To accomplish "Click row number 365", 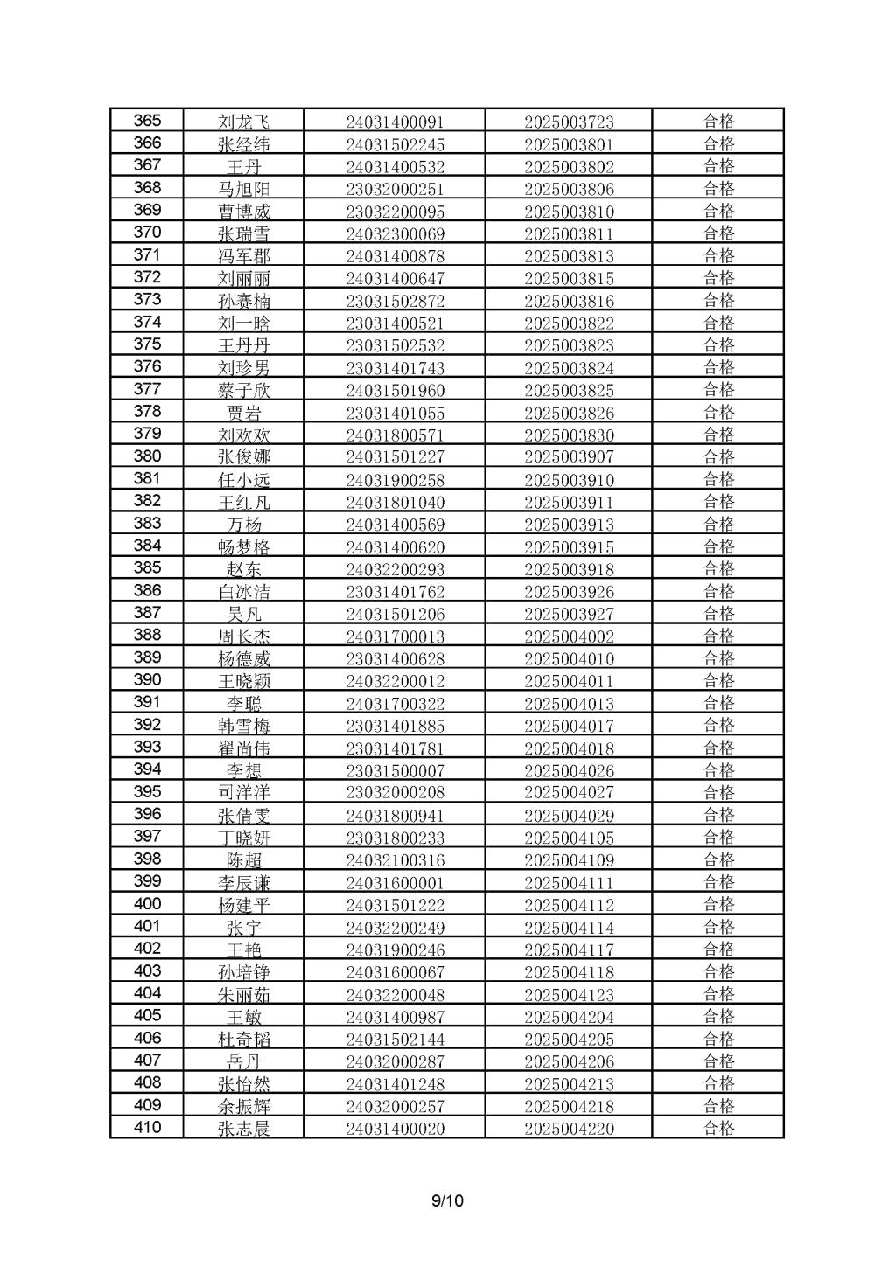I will [147, 121].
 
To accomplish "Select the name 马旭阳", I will [244, 189].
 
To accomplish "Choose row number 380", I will [147, 456].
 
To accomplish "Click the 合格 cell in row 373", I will [718, 300].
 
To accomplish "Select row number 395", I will [147, 792].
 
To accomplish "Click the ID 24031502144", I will [395, 1040].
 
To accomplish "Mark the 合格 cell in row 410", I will [718, 1128].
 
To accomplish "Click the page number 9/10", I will [447, 1200].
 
